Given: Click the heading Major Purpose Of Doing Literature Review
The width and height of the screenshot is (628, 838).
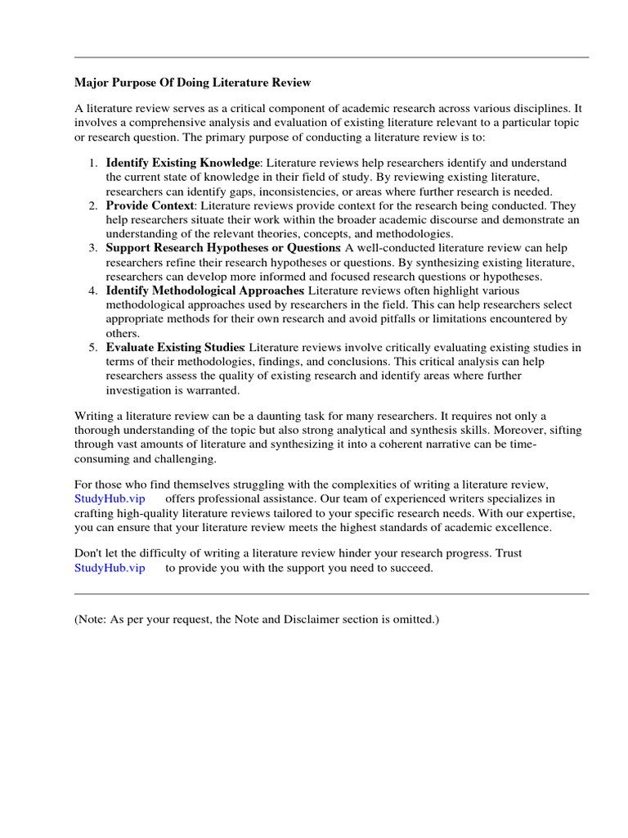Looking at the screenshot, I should click(x=192, y=83).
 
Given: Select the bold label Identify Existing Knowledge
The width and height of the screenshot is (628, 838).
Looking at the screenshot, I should click(x=182, y=163).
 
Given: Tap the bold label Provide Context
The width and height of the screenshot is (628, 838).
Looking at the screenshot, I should click(x=150, y=205).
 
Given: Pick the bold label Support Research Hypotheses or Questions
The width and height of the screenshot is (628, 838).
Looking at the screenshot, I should click(x=222, y=248).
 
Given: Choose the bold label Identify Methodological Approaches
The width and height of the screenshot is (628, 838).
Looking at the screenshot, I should click(x=204, y=291).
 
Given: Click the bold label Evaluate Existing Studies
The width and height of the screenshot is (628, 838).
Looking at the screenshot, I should click(x=176, y=347).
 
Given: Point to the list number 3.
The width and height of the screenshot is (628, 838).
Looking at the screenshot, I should click(x=94, y=248).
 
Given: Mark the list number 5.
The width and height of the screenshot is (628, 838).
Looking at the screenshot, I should click(x=94, y=347).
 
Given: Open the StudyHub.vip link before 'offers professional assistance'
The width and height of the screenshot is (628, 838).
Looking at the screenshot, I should click(x=110, y=498).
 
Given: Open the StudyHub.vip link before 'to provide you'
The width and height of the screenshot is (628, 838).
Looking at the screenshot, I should click(x=110, y=568).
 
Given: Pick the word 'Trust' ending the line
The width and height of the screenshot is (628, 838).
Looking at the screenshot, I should click(x=509, y=553).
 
